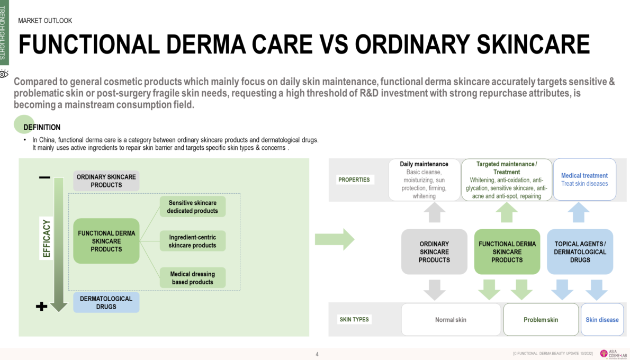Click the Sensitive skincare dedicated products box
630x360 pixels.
coord(193,207)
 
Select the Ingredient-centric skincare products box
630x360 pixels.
coord(193,241)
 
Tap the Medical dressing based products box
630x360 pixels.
coord(193,278)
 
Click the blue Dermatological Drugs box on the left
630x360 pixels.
coord(106,302)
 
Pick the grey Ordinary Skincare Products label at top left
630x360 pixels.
coord(106,181)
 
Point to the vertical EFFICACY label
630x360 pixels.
coord(47,238)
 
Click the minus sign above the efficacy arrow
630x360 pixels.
coord(45,178)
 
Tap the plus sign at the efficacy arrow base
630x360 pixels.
coord(42,307)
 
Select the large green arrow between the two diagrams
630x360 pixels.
coord(334,239)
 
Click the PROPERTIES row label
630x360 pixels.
coord(354,180)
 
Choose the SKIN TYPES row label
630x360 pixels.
coord(354,320)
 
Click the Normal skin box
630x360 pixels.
coord(451,320)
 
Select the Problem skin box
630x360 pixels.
coord(541,320)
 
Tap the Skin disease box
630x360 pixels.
coord(602,320)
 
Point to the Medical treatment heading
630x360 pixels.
coord(584,176)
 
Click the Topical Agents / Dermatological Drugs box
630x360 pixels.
coord(580,252)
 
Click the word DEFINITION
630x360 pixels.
coord(42,128)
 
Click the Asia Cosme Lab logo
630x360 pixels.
coord(611,354)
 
